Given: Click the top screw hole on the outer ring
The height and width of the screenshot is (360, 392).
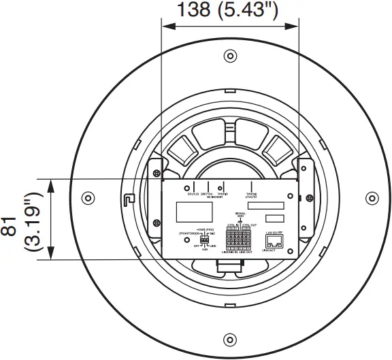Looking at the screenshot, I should pyautogui.click(x=230, y=55).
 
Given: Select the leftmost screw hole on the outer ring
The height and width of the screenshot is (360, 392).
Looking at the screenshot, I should pyautogui.click(x=87, y=198).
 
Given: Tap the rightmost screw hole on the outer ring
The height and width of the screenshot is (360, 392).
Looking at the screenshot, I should pyautogui.click(x=372, y=198).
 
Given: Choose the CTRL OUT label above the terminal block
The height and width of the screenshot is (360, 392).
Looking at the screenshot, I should pyautogui.click(x=249, y=225).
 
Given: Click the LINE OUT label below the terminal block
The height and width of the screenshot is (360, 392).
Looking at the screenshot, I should pyautogui.click(x=248, y=252).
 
